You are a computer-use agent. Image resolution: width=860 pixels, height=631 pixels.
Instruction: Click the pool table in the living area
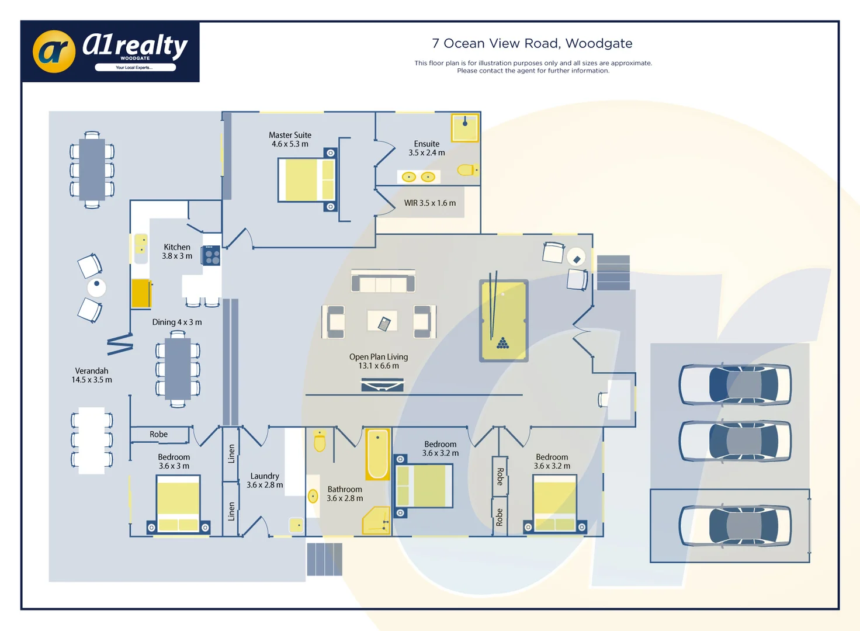tap(504, 321)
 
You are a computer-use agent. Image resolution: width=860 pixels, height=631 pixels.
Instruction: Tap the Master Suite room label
tap(290, 140)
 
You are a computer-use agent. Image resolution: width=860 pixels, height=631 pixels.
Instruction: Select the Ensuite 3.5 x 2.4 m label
tap(426, 148)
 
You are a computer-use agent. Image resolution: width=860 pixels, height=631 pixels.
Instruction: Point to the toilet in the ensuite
tap(467, 170)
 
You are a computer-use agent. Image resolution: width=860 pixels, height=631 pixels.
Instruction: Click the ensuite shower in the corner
tap(465, 127)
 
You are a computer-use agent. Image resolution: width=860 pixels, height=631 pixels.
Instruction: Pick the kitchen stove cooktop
tap(211, 255)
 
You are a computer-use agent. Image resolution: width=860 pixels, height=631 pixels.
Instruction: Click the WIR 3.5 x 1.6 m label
tap(429, 203)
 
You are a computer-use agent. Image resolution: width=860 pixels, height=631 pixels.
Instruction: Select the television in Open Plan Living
tap(382, 384)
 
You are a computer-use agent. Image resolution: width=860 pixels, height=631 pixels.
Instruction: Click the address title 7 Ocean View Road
tap(532, 43)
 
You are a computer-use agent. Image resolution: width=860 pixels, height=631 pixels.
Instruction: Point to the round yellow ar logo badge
tap(54, 52)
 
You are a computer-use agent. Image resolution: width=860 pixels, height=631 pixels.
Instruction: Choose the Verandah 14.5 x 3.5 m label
tap(92, 375)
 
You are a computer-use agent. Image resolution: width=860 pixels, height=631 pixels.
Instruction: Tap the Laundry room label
tap(265, 480)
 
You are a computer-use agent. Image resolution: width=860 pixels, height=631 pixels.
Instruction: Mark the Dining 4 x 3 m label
tap(177, 323)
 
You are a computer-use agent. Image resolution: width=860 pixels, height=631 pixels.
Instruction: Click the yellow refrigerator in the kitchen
tap(141, 293)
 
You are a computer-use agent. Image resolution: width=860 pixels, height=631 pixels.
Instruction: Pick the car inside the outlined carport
tap(735, 526)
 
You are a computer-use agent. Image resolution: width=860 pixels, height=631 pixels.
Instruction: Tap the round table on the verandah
tap(96, 287)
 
